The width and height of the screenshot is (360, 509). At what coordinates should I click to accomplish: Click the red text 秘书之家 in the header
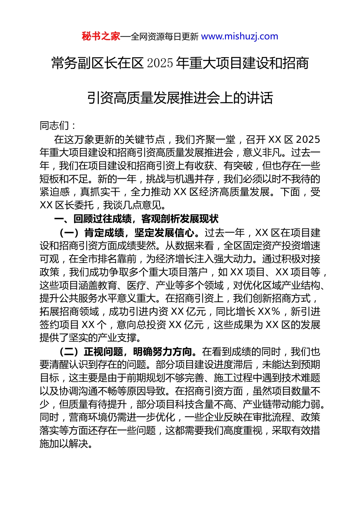tap(101, 36)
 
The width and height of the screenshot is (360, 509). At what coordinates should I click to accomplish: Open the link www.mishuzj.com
tap(239, 36)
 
